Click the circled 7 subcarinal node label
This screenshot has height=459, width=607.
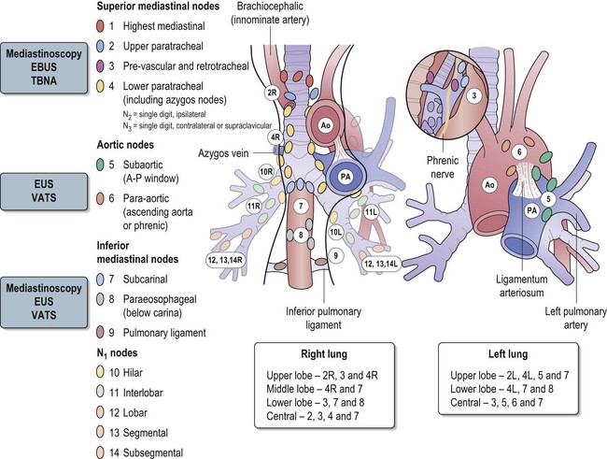[x=298, y=206]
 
